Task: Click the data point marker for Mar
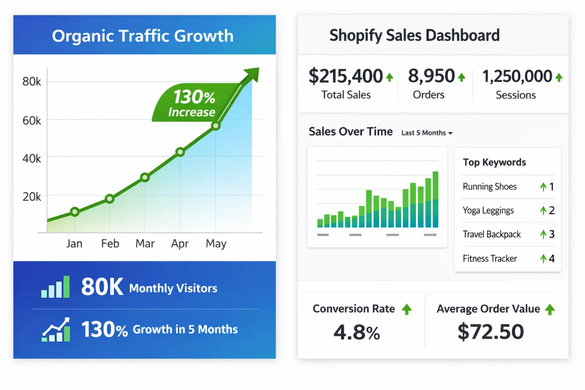[145, 177]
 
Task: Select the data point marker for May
[216, 126]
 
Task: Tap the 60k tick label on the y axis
[32, 121]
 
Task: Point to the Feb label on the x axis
[110, 243]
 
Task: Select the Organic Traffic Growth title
[143, 36]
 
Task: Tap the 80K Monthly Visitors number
[102, 287]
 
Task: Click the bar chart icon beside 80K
[55, 287]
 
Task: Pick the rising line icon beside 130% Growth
[56, 330]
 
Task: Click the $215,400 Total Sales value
[345, 76]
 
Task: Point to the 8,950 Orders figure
[431, 76]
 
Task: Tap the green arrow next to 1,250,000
[559, 78]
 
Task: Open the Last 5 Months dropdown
[427, 133]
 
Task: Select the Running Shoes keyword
[489, 187]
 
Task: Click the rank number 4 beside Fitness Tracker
[551, 259]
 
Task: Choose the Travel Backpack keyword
[491, 234]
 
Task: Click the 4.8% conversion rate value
[357, 332]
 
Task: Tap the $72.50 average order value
[491, 331]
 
